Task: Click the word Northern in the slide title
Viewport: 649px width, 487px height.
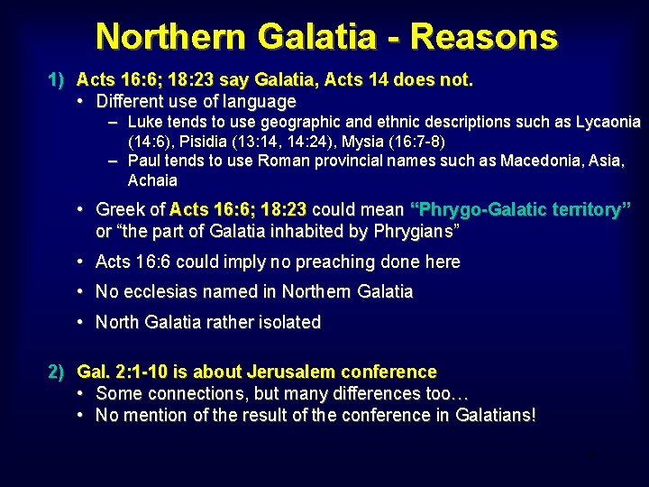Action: (x=170, y=37)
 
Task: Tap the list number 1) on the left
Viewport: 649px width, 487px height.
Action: (x=57, y=80)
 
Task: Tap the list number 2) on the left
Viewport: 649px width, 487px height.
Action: (x=57, y=372)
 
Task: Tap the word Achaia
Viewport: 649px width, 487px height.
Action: (x=152, y=179)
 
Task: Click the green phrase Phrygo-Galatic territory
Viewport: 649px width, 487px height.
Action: (x=520, y=210)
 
